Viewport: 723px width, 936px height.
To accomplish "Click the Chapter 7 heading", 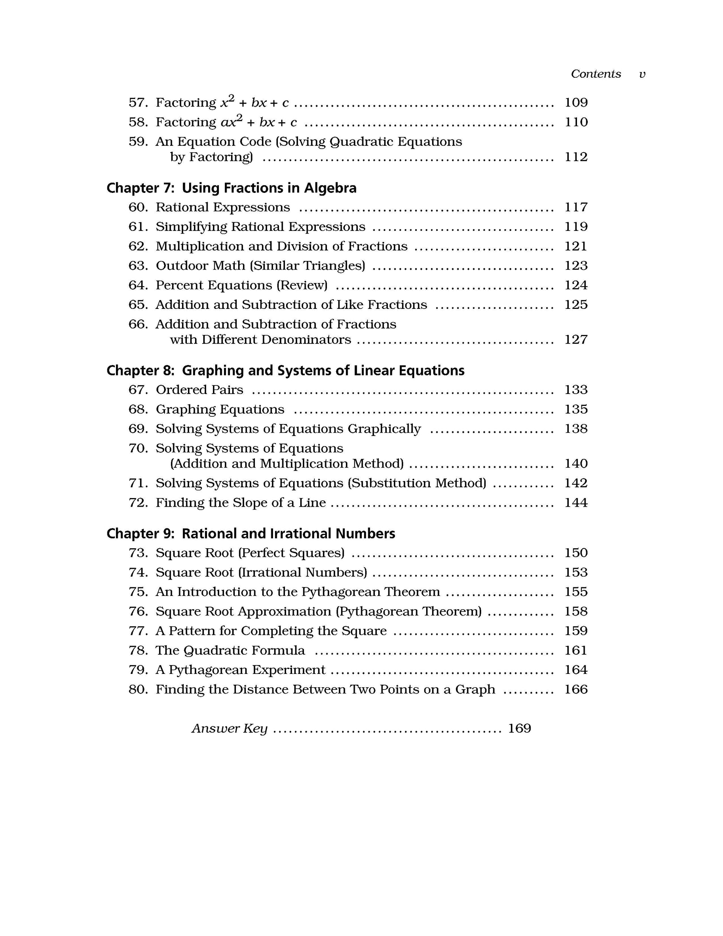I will coord(231,188).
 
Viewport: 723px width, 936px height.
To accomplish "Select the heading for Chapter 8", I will coord(285,371).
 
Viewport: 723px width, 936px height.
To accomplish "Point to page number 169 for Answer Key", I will coord(519,729).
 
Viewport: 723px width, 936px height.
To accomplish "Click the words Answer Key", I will coord(229,729).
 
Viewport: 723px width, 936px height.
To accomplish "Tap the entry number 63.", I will coord(138,266).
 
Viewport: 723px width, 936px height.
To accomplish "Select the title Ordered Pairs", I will coord(199,390).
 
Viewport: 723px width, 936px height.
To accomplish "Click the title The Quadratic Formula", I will coord(230,651).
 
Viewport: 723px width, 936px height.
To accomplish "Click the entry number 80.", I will coord(138,690).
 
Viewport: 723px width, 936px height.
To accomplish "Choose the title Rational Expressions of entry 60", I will coord(223,207).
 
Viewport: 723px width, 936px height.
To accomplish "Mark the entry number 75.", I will coord(138,592).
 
